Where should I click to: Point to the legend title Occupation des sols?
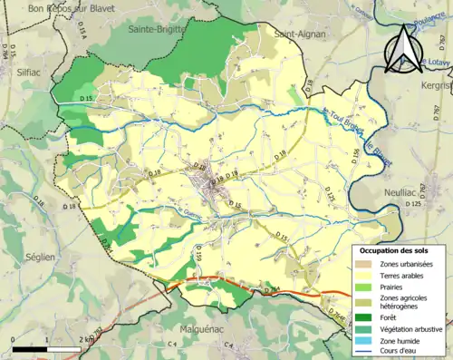(396, 250)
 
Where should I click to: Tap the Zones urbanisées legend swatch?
(364, 264)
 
